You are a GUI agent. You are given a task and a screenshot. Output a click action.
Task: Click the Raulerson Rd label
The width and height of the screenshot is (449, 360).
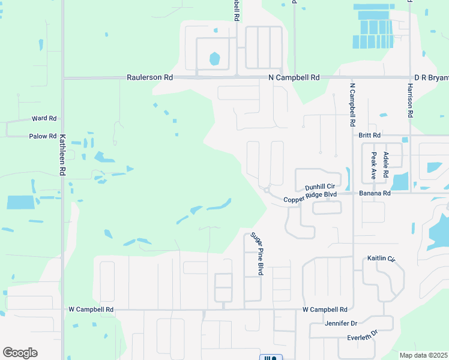[149, 78]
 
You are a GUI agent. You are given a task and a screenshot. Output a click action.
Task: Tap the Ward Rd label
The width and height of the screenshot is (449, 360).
[44, 119]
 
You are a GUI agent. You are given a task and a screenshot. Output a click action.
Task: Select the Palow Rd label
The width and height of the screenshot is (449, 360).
[42, 137]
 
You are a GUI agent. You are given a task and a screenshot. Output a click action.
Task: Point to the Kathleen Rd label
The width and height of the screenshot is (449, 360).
[62, 155]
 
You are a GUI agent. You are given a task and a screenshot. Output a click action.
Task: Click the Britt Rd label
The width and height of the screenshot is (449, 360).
[370, 136]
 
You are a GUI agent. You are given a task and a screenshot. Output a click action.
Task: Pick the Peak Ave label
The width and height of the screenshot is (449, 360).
[373, 166]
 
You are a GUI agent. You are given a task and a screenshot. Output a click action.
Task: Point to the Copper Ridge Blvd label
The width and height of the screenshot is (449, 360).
[310, 195]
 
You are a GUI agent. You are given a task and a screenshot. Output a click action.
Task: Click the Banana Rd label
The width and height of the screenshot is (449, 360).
[375, 193]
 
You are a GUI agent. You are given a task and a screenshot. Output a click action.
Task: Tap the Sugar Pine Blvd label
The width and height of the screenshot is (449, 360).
[258, 254]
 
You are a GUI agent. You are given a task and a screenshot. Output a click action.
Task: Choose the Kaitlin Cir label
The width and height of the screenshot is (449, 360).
[381, 258]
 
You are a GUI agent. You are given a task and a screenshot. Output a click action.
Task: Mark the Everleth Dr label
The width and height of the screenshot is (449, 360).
[362, 335]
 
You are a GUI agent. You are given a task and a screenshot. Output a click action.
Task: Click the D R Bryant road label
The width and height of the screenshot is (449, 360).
[431, 78]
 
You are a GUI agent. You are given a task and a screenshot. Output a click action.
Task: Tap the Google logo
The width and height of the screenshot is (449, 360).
[20, 353]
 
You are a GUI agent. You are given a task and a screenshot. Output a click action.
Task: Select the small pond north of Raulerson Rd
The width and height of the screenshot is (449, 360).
[214, 59]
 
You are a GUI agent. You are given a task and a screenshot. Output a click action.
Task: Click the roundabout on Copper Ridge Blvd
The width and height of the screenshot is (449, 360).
[266, 190]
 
